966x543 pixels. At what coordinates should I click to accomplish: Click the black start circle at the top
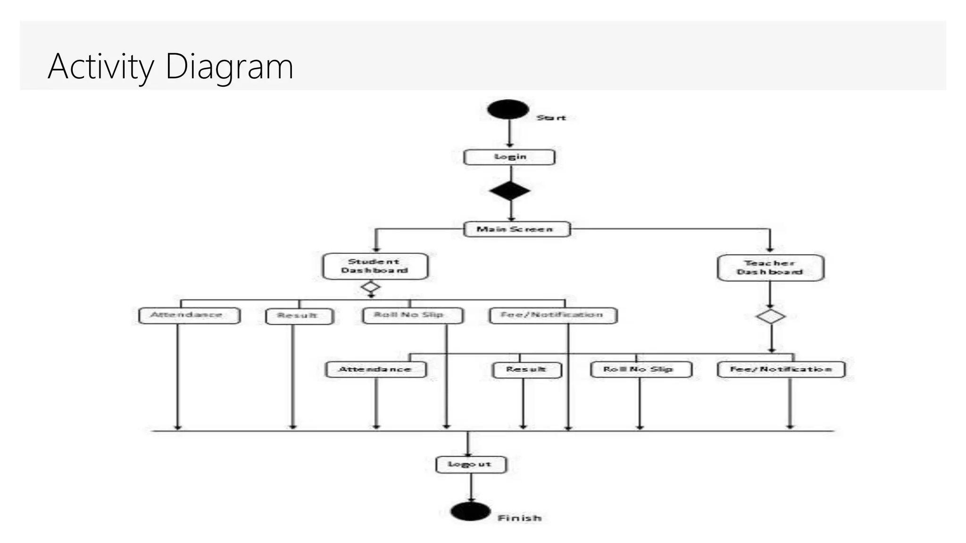pos(508,109)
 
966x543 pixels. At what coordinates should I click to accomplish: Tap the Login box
pos(509,157)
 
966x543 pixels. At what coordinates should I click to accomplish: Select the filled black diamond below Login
pos(510,191)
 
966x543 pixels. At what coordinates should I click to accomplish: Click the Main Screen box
pos(516,230)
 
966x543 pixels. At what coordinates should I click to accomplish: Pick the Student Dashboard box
pos(375,266)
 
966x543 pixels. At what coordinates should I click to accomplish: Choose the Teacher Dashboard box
pos(770,268)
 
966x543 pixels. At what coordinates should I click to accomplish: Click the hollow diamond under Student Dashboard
pos(371,287)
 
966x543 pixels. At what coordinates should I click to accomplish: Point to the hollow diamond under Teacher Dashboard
pos(771,316)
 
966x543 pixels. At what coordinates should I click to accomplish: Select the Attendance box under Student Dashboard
pos(189,315)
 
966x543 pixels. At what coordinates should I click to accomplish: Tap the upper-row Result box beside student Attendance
pos(299,316)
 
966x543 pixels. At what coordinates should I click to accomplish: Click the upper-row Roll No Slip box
pos(412,315)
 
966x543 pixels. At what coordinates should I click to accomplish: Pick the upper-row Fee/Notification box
pos(553,315)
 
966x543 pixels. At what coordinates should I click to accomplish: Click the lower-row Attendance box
pos(376,370)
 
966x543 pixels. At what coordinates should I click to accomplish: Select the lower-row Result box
pos(527,370)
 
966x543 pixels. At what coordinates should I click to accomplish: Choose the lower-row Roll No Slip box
pos(641,370)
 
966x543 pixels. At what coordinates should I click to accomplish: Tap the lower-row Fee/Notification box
pos(781,370)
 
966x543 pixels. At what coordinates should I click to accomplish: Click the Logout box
pos(471,464)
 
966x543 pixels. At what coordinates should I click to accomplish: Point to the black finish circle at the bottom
pos(470,511)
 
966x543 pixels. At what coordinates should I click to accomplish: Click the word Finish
pos(519,518)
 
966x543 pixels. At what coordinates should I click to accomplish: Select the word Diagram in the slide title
pos(229,66)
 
